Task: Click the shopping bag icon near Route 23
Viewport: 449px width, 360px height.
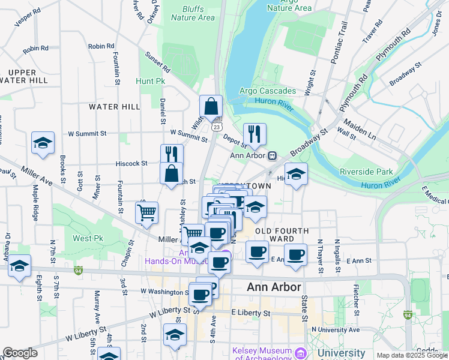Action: [x=211, y=107]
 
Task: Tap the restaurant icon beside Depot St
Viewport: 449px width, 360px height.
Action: [x=255, y=134]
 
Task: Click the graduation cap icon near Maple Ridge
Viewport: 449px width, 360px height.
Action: [x=43, y=143]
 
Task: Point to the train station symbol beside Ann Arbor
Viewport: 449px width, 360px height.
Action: [x=272, y=155]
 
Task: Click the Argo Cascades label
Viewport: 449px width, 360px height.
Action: [x=268, y=91]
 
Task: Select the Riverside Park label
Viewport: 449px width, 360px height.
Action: [x=366, y=172]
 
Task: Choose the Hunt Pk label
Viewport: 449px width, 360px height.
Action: [x=150, y=80]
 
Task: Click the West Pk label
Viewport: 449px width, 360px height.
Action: [x=88, y=238]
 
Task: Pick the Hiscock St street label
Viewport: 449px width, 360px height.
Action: [x=131, y=163]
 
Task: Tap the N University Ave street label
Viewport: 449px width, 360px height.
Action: [x=336, y=329]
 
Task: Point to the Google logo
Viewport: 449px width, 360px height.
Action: [x=20, y=353]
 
